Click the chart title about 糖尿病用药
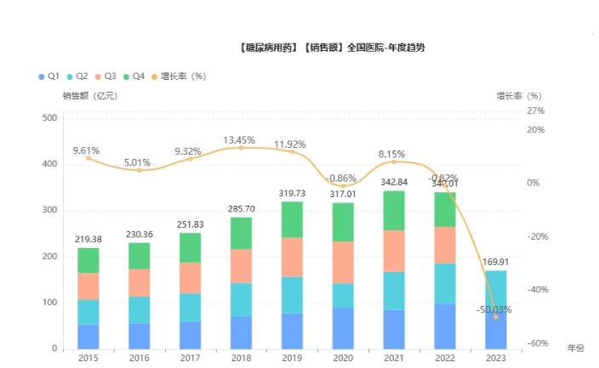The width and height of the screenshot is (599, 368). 333,48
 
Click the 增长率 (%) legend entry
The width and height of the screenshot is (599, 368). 179,76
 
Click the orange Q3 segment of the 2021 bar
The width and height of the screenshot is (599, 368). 394,251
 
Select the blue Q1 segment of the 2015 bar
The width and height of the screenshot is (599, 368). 88,337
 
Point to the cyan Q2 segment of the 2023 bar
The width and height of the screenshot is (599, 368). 495,289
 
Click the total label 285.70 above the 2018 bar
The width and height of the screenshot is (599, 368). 241,208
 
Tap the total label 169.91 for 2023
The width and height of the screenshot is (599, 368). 495,262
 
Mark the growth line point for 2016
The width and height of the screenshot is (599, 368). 140,171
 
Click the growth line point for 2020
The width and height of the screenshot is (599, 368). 343,186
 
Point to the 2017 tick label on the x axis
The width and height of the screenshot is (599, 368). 190,358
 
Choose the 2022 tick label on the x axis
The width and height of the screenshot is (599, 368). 444,358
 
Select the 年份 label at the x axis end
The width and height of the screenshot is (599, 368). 576,348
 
